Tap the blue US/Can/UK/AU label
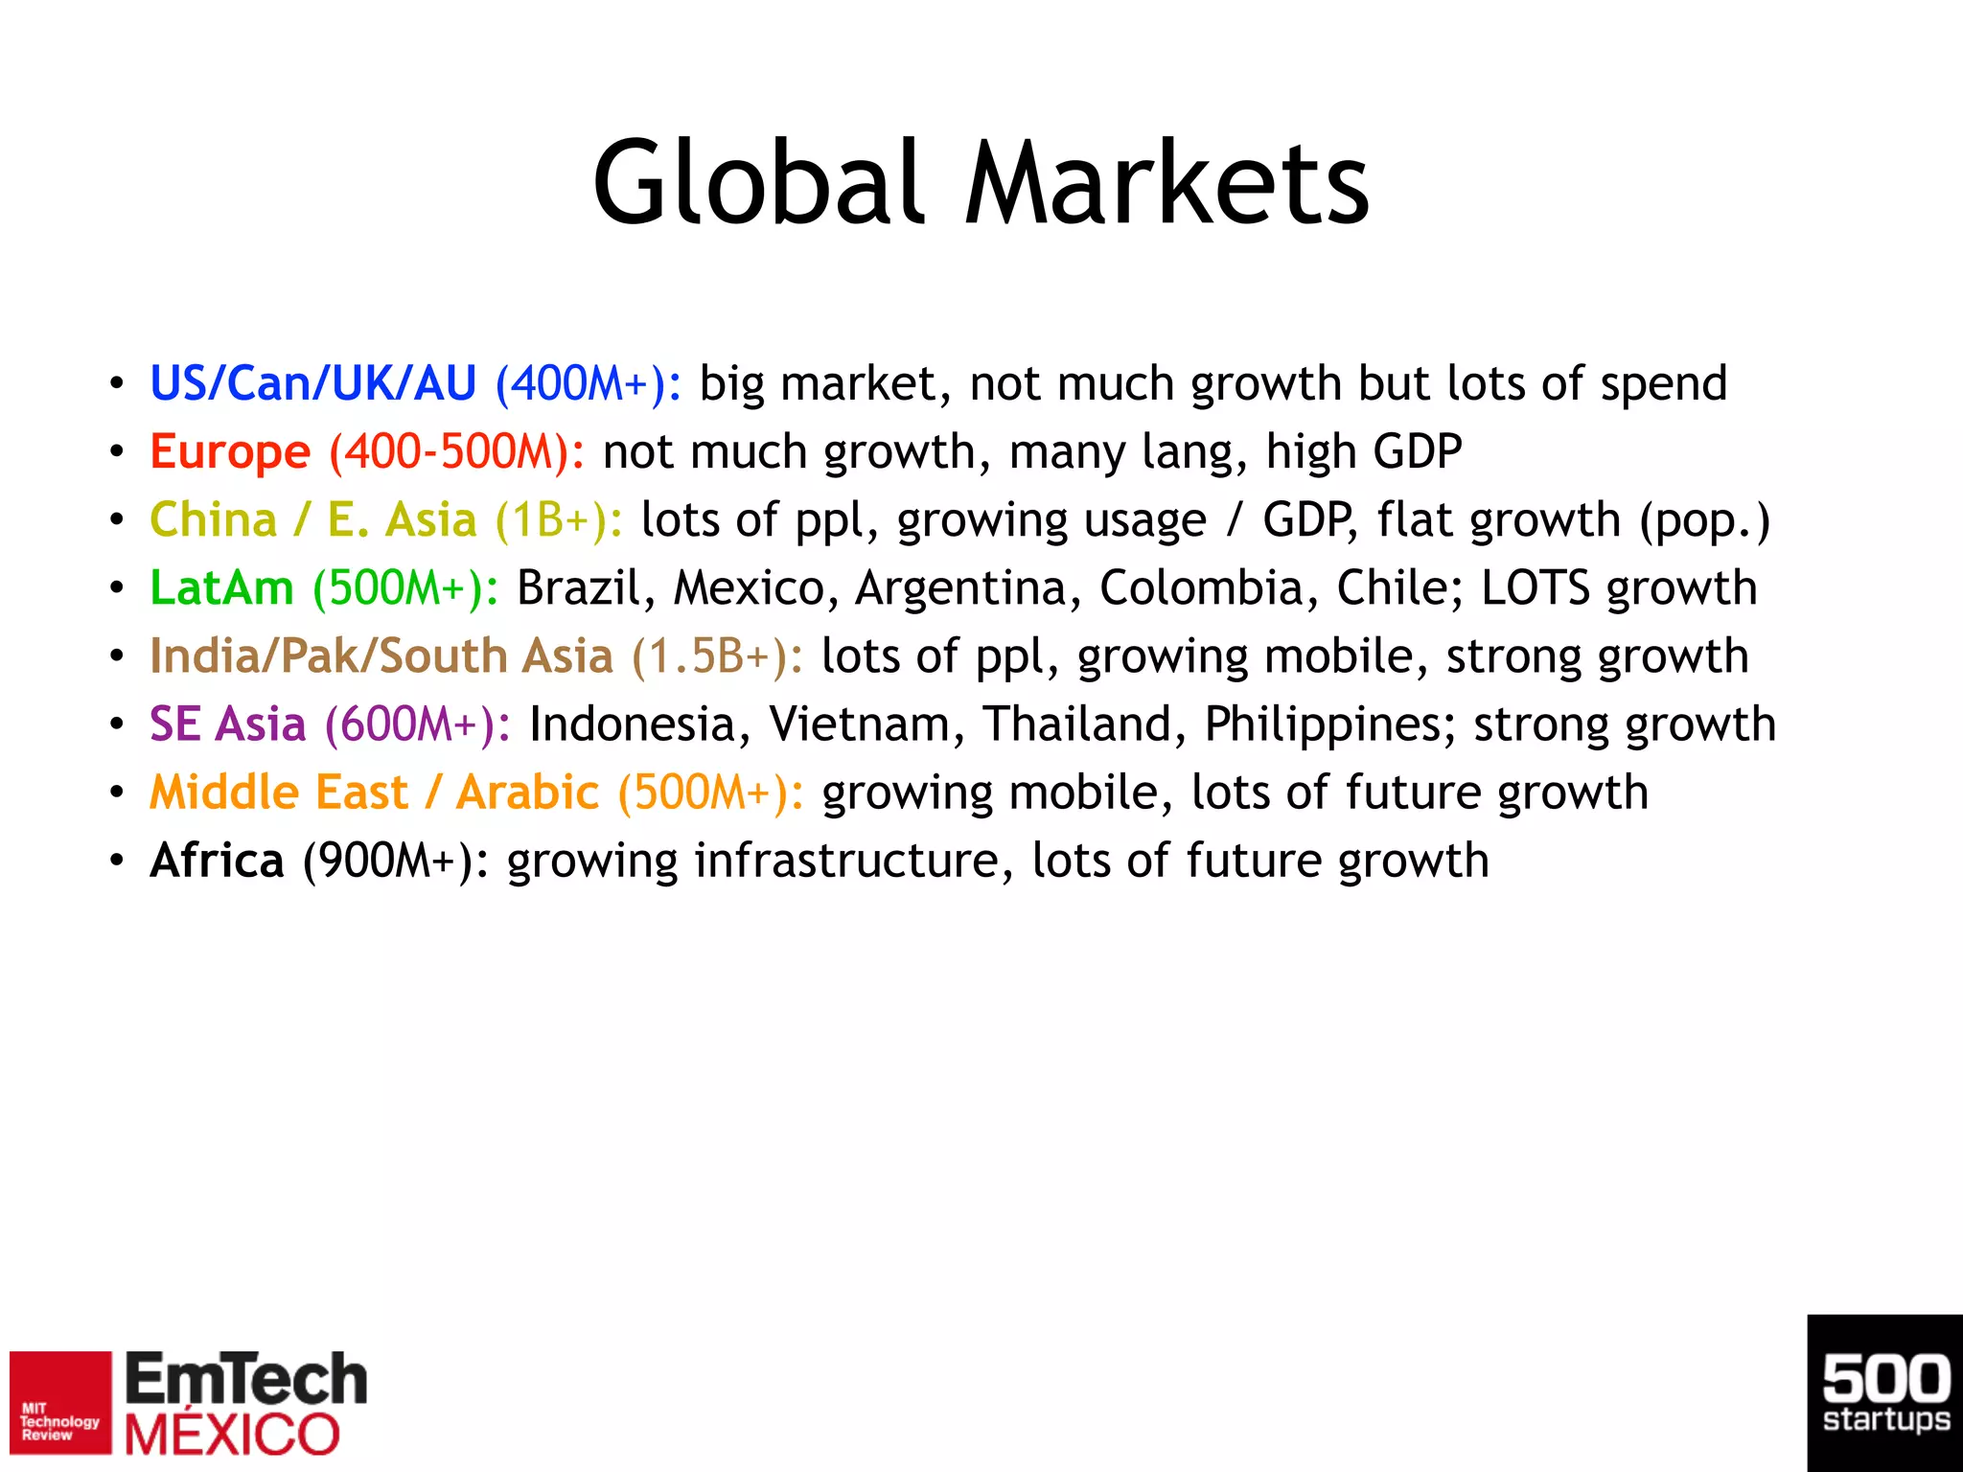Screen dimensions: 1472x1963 coord(312,383)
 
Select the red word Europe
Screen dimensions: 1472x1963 coord(230,451)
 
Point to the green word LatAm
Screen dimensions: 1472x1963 coord(221,587)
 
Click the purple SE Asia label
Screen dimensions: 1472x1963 coord(227,724)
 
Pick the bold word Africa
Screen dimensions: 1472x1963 coord(217,860)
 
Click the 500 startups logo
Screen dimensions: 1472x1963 coord(1884,1392)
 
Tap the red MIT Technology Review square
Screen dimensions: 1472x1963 coord(60,1402)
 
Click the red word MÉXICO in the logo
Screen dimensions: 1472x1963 coord(233,1435)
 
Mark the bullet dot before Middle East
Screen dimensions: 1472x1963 coord(116,793)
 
